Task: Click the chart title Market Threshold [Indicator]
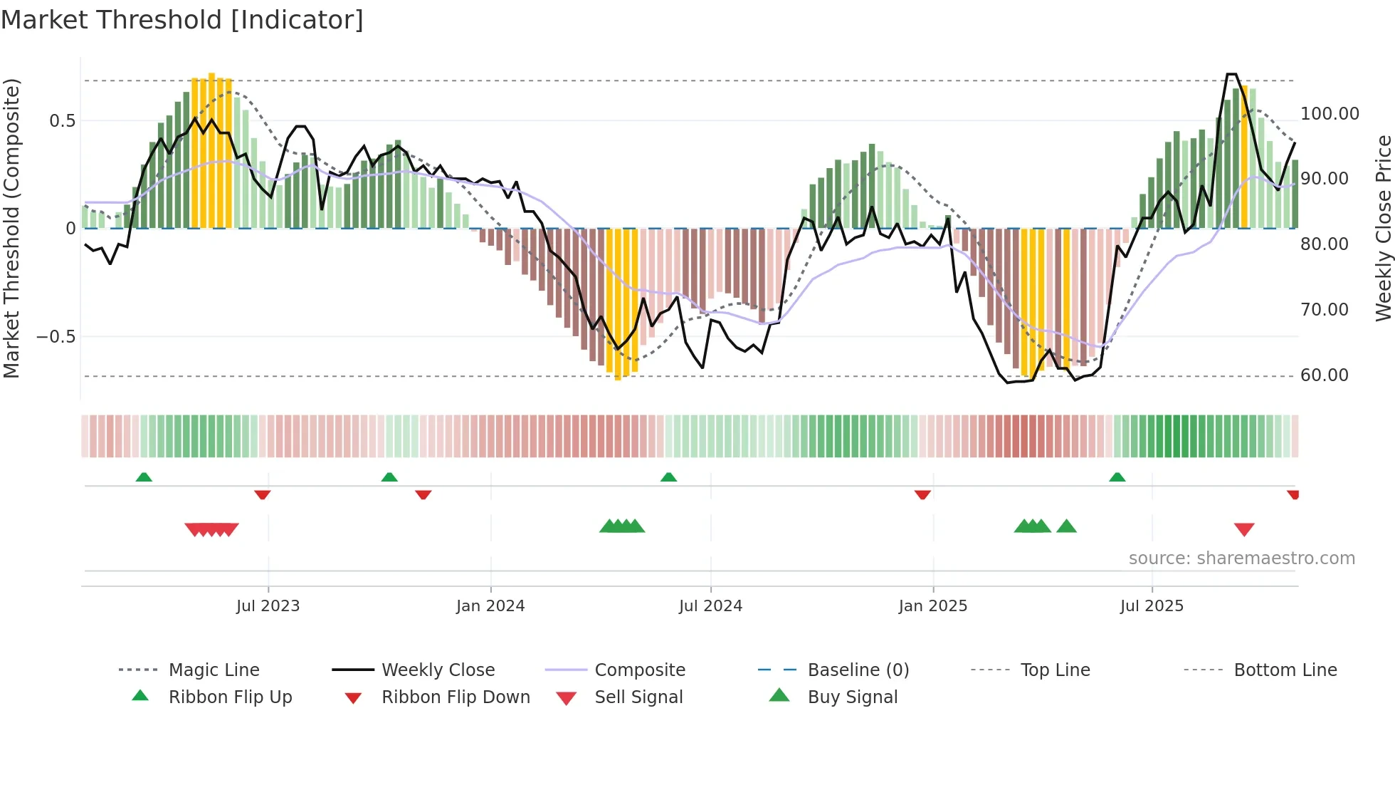pyautogui.click(x=182, y=20)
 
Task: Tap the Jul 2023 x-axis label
pyautogui.click(x=268, y=606)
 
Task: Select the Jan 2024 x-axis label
pyautogui.click(x=490, y=606)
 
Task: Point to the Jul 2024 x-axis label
pyautogui.click(x=710, y=606)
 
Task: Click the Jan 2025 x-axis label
pyautogui.click(x=933, y=606)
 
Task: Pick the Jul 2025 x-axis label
pyautogui.click(x=1152, y=606)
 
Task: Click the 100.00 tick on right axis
pyautogui.click(x=1330, y=114)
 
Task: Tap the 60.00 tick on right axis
pyautogui.click(x=1324, y=375)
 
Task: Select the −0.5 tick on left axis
pyautogui.click(x=56, y=336)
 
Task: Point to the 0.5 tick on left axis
pyautogui.click(x=63, y=121)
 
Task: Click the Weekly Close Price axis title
pyautogui.click(x=1383, y=228)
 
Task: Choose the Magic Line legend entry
pyautogui.click(x=214, y=670)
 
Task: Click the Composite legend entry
pyautogui.click(x=639, y=670)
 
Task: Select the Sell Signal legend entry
pyautogui.click(x=638, y=697)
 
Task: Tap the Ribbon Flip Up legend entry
pyautogui.click(x=230, y=697)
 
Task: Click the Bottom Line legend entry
pyautogui.click(x=1285, y=670)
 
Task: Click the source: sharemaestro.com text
pyautogui.click(x=1241, y=558)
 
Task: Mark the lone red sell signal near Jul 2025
pyautogui.click(x=1244, y=529)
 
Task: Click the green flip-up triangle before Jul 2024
pyautogui.click(x=668, y=477)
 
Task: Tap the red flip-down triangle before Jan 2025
pyautogui.click(x=922, y=494)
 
